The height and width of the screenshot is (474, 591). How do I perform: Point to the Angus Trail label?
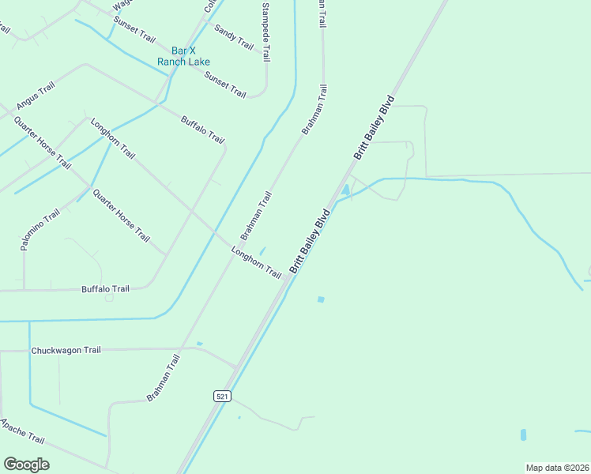tap(35, 96)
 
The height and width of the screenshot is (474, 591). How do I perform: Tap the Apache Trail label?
tap(22, 433)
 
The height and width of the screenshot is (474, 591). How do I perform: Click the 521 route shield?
tap(222, 396)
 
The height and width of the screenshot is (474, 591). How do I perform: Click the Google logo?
tap(26, 465)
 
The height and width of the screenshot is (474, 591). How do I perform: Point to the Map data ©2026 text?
tap(557, 468)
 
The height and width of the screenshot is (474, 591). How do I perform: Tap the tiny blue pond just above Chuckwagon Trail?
tap(199, 344)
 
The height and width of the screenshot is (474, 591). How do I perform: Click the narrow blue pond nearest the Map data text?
tap(523, 434)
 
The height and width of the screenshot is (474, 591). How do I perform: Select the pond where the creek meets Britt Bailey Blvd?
tap(345, 190)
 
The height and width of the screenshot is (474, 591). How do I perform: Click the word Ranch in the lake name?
tap(171, 61)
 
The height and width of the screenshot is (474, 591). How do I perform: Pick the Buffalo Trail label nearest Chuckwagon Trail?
tap(105, 289)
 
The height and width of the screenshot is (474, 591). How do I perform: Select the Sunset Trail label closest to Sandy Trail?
tap(225, 84)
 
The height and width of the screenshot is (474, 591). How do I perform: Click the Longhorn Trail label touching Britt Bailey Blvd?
tap(256, 263)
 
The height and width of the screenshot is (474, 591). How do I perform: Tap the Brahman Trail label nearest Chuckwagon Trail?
tap(164, 378)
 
